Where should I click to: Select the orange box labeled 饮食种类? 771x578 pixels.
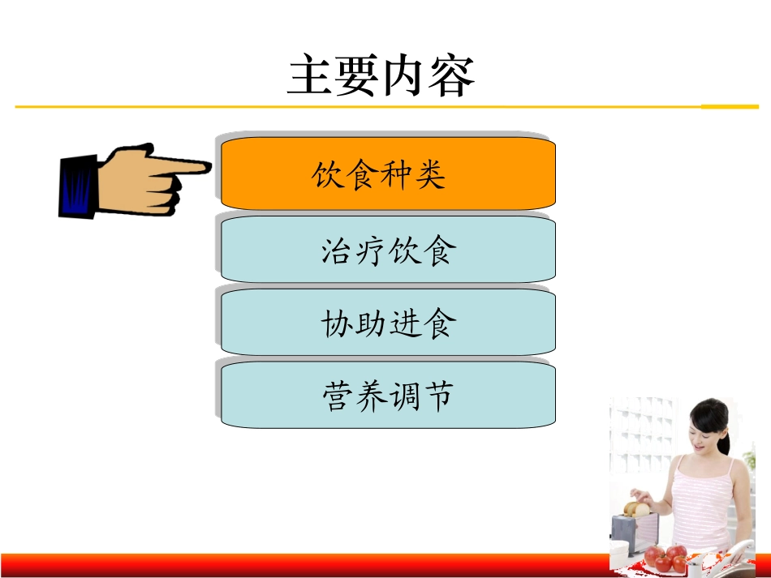[x=388, y=173]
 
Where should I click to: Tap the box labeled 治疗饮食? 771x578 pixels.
[x=388, y=250]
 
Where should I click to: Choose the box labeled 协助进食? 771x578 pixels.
[x=388, y=323]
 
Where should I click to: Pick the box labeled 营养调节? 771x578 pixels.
[x=388, y=396]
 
